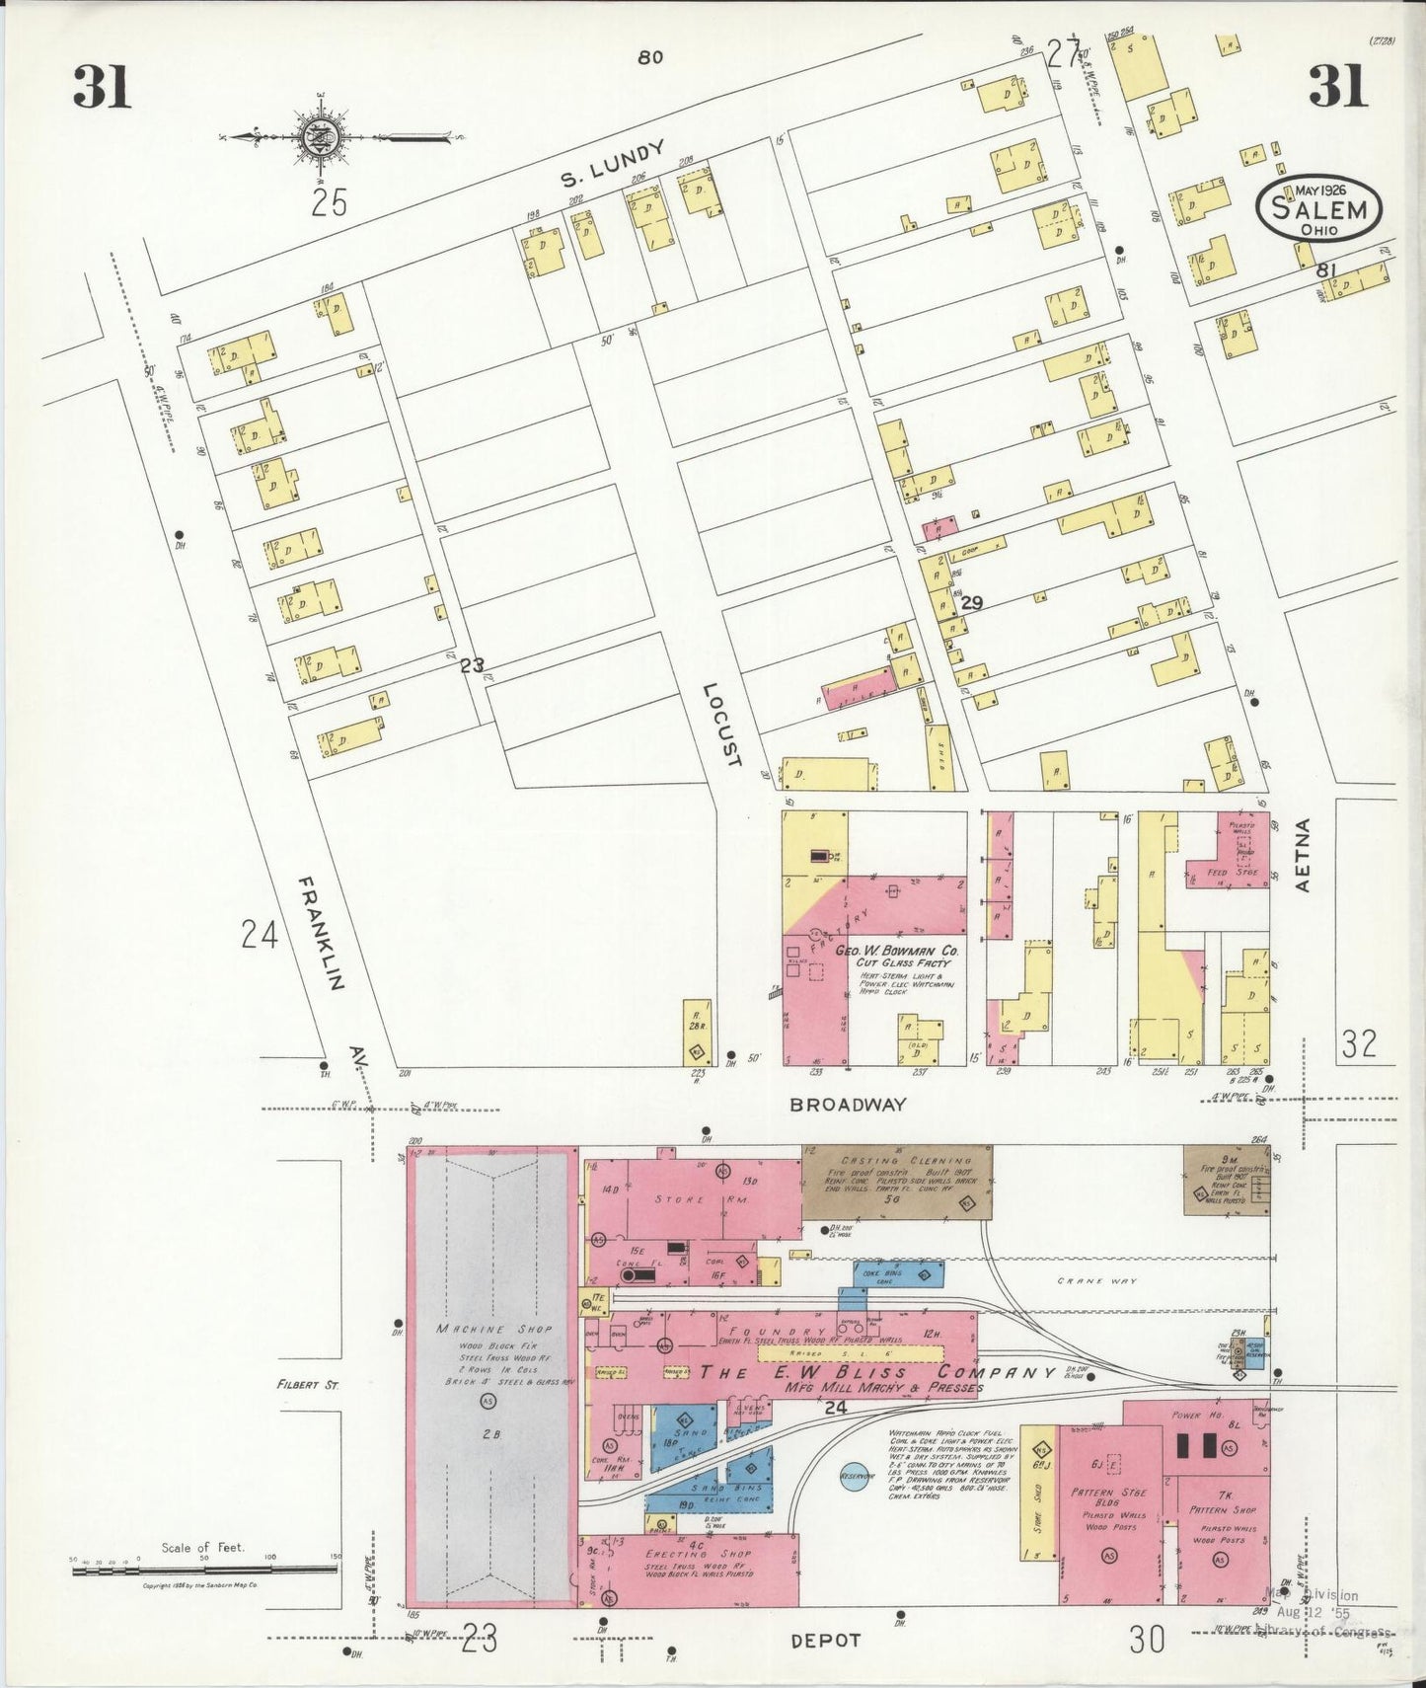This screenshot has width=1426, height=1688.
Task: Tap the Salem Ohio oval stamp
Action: (x=1318, y=209)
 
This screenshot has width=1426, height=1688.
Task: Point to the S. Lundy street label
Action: (x=613, y=165)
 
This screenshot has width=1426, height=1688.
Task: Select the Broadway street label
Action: (x=848, y=1105)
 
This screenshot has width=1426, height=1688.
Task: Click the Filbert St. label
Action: (x=308, y=1386)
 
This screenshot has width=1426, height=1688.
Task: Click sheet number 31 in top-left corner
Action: (x=102, y=87)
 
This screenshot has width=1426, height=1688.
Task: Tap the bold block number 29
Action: (x=972, y=602)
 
